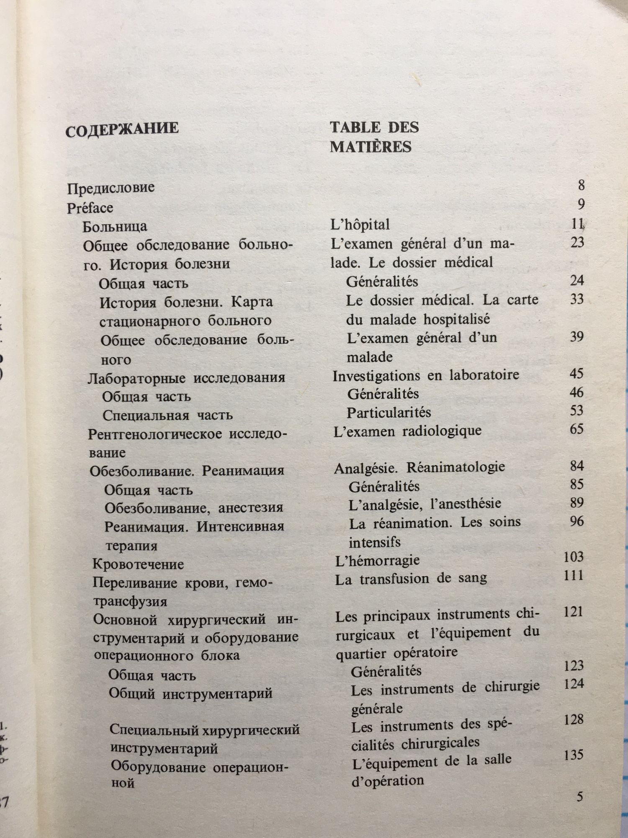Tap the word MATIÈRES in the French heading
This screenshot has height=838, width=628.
point(371,147)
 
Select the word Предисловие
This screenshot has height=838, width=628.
point(111,188)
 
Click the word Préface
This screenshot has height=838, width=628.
point(90,208)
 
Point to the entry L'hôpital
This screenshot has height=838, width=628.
point(360,225)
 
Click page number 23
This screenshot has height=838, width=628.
point(577,242)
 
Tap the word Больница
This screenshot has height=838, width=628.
point(115,227)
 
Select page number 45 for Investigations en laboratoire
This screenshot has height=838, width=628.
point(577,373)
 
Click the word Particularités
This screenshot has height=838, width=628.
point(389,413)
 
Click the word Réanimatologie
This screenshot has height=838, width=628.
point(456,467)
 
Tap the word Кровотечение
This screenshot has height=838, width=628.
point(138,564)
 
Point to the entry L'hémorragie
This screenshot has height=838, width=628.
point(378,561)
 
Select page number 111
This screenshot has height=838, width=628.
point(574,575)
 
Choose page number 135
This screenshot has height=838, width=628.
point(573,755)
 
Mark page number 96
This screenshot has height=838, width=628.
point(577,521)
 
